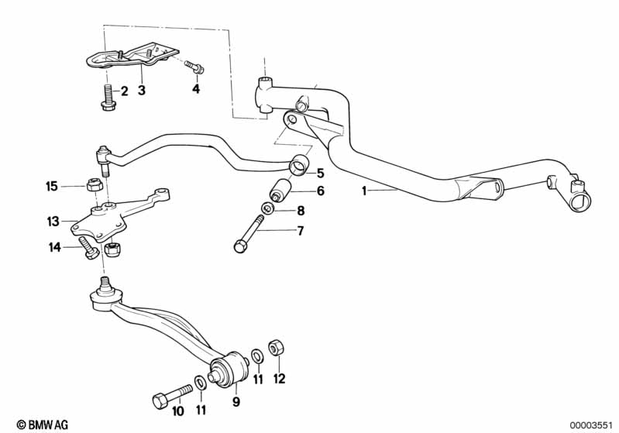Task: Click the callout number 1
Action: coord(365,191)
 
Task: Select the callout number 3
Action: coord(142,91)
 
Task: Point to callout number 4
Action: coord(196,90)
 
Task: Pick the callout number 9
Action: coord(236,401)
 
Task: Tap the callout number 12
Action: coord(280,380)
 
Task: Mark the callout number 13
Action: coord(53,222)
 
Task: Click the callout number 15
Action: coord(52,186)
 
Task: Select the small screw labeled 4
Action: coord(195,68)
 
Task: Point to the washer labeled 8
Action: coord(267,208)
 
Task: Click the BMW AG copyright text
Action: coord(37,424)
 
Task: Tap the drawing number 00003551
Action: coord(590,424)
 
